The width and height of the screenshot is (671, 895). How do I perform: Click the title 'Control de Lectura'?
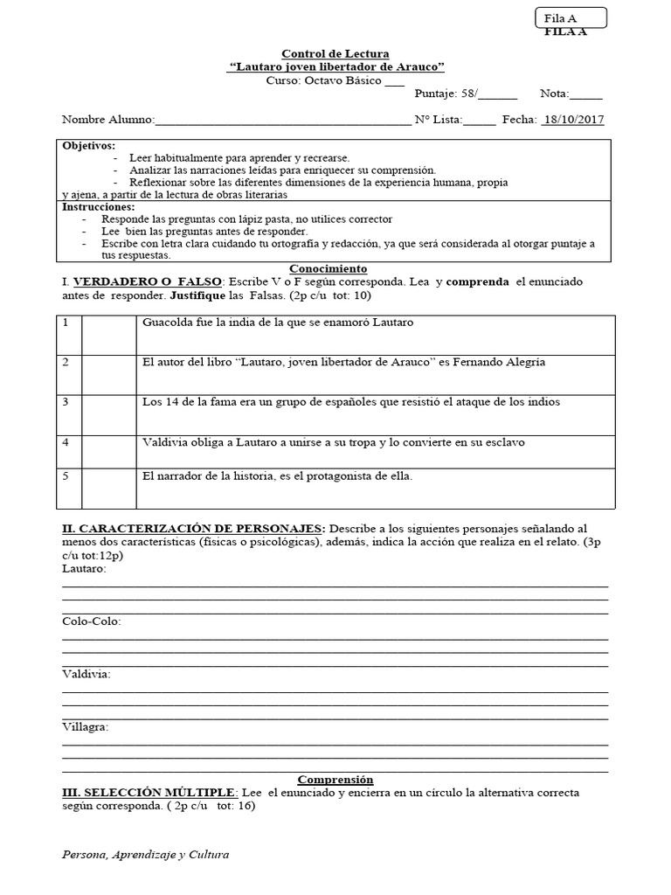[x=335, y=54]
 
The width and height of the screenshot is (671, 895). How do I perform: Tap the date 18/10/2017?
[x=573, y=120]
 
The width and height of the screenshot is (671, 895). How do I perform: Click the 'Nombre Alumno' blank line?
[x=282, y=121]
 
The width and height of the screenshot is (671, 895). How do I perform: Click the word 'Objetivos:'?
[x=88, y=145]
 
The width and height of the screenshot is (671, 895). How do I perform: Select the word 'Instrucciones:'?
[x=98, y=207]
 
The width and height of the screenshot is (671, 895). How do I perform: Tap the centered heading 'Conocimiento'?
[x=328, y=268]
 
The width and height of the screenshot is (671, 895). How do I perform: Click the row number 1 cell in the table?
[x=69, y=335]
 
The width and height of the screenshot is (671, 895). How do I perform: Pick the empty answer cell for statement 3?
[x=108, y=415]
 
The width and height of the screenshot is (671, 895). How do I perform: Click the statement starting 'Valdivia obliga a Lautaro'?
[x=333, y=442]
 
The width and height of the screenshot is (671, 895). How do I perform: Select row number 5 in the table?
[x=69, y=489]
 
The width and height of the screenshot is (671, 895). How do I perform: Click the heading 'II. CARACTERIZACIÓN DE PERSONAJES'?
[x=193, y=529]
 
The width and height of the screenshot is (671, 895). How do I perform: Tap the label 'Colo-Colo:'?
[x=92, y=621]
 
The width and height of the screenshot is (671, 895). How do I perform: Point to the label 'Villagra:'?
[x=86, y=726]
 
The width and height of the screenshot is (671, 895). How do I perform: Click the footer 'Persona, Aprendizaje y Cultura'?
[x=146, y=855]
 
